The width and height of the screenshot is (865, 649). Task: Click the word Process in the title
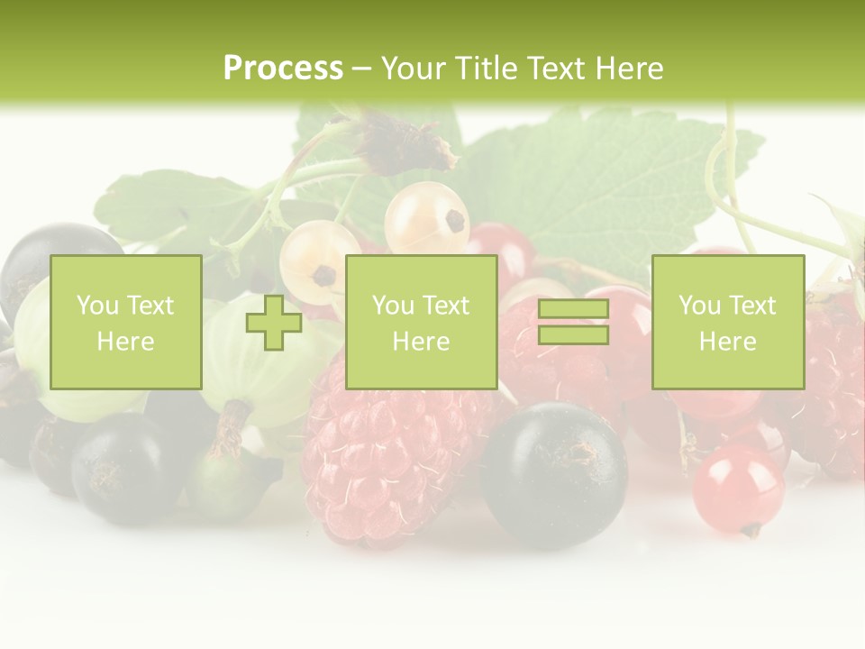pos(283,69)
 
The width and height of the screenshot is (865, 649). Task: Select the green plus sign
pos(274,323)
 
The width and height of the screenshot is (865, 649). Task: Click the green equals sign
pos(573,323)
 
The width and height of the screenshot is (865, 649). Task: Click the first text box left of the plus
pos(125,323)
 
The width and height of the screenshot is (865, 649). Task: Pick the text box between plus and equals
pos(421,323)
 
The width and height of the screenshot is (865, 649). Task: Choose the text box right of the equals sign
pos(728,323)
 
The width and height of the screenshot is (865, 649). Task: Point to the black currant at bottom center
pos(553,473)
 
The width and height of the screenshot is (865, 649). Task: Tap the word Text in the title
pos(557,69)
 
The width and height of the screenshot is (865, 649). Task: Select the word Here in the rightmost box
pos(728,342)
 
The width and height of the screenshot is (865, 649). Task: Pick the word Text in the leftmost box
pos(150,306)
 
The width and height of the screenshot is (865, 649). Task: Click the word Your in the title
pos(415,69)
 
